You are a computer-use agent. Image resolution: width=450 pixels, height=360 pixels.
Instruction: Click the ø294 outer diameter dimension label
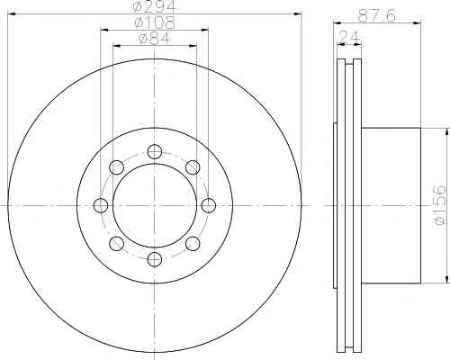point(155,6)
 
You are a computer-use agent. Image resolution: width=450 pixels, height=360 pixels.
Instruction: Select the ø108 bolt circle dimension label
point(155,22)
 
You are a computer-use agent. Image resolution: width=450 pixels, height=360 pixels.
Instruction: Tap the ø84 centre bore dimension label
point(155,39)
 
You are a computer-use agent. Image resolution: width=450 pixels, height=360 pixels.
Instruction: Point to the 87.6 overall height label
point(377,15)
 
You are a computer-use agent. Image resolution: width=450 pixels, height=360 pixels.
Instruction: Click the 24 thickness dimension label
point(349,37)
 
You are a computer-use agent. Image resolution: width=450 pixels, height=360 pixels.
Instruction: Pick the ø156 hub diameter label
point(440,205)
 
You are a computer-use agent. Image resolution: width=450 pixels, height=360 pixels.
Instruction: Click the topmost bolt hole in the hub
point(155,151)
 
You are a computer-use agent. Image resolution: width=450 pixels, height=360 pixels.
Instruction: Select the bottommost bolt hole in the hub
point(155,259)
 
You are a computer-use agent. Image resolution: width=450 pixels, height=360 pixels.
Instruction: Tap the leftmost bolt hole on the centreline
point(101,205)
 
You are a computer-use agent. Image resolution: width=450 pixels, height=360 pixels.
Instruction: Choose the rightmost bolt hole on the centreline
point(208,205)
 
